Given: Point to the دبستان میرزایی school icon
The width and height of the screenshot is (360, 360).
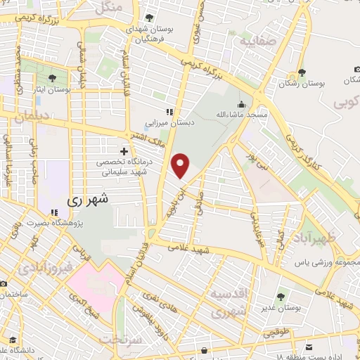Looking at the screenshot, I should (x=169, y=112).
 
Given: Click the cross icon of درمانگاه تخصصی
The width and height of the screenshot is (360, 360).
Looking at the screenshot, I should (x=124, y=150).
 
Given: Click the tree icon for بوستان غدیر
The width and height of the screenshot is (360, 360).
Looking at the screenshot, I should (x=281, y=297).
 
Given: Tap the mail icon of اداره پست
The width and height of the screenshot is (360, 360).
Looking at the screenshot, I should (x=309, y=347).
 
